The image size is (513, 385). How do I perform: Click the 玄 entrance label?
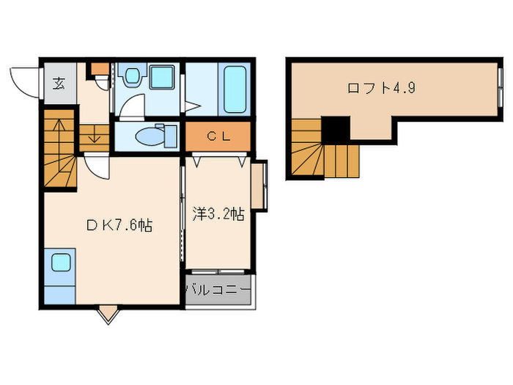coord(59,82)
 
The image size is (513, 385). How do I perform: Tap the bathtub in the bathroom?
coord(235,89)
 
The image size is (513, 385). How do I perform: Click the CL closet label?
coord(218,136)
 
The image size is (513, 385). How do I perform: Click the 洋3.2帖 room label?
coord(218,214)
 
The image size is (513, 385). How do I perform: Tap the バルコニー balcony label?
coord(218,290)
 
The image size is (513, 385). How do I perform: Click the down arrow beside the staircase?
coord(94,136)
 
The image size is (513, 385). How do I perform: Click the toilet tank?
coord(171,135)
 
